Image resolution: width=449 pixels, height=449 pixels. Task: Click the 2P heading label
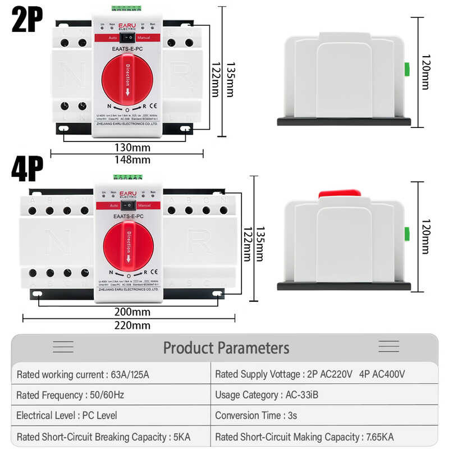[27, 20]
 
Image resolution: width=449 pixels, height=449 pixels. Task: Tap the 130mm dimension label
[127, 148]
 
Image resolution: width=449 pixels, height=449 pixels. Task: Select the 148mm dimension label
[127, 159]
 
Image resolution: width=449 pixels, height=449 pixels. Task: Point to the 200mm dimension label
[127, 312]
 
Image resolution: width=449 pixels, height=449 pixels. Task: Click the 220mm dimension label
[127, 325]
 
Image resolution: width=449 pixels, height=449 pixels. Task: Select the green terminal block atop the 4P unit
[127, 177]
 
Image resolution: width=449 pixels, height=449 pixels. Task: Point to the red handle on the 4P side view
[340, 194]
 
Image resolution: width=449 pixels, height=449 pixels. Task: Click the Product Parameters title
[226, 347]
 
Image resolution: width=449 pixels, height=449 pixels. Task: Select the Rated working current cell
[83, 374]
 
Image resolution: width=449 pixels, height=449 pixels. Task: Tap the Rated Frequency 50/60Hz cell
[70, 395]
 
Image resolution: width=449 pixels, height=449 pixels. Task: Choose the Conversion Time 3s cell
[256, 416]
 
